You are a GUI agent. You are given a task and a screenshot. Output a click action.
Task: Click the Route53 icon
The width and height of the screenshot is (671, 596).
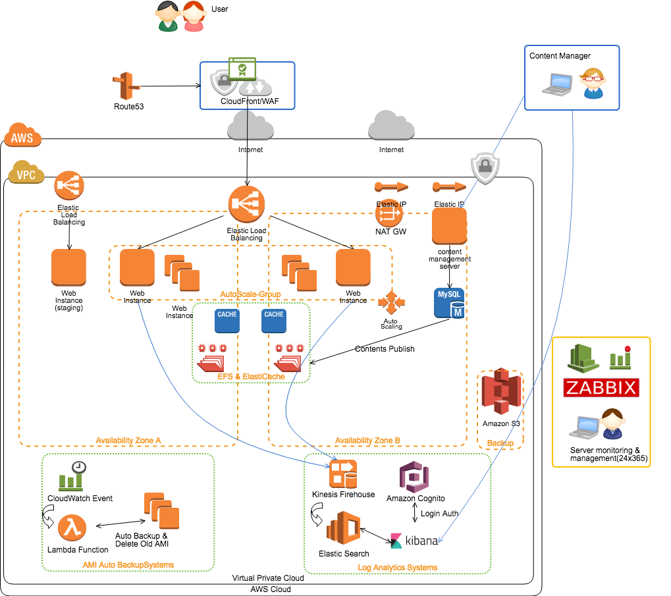click(126, 86)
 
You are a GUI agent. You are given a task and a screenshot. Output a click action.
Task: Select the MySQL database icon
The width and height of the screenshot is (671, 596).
click(449, 303)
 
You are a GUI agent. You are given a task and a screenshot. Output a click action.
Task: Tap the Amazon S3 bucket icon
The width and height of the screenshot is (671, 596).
click(501, 391)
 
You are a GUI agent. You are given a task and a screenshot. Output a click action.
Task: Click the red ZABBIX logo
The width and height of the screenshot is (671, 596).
click(601, 388)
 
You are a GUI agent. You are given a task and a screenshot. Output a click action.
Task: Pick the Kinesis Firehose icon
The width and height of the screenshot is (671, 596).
click(343, 474)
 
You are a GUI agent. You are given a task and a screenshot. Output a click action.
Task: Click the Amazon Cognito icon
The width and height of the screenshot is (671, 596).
click(414, 477)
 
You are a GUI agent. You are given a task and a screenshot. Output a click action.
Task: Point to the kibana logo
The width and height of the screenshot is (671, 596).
click(414, 541)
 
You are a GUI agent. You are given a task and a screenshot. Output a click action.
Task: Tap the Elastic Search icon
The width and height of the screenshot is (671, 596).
click(343, 528)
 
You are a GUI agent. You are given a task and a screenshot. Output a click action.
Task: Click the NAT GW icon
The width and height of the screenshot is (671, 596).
click(389, 213)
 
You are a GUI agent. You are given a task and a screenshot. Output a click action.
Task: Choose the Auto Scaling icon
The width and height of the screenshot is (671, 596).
click(391, 302)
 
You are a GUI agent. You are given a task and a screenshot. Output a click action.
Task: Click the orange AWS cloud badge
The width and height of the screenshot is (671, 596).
click(22, 135)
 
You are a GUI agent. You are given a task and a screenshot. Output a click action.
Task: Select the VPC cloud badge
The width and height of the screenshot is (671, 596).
click(26, 172)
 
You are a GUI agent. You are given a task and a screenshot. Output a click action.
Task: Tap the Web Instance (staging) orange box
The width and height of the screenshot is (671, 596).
click(68, 267)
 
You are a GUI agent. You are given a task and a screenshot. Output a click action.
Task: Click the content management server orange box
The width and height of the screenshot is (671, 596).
click(449, 226)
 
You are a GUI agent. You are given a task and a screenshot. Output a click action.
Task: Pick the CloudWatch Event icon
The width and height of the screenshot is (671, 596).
click(72, 475)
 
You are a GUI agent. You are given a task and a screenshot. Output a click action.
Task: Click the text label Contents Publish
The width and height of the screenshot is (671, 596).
click(385, 348)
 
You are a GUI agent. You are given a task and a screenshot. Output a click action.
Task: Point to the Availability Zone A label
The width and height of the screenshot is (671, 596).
click(128, 441)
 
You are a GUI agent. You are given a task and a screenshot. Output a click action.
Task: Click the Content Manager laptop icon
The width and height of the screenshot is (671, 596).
click(557, 84)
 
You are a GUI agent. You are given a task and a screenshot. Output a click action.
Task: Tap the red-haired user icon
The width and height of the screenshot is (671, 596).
click(194, 16)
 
